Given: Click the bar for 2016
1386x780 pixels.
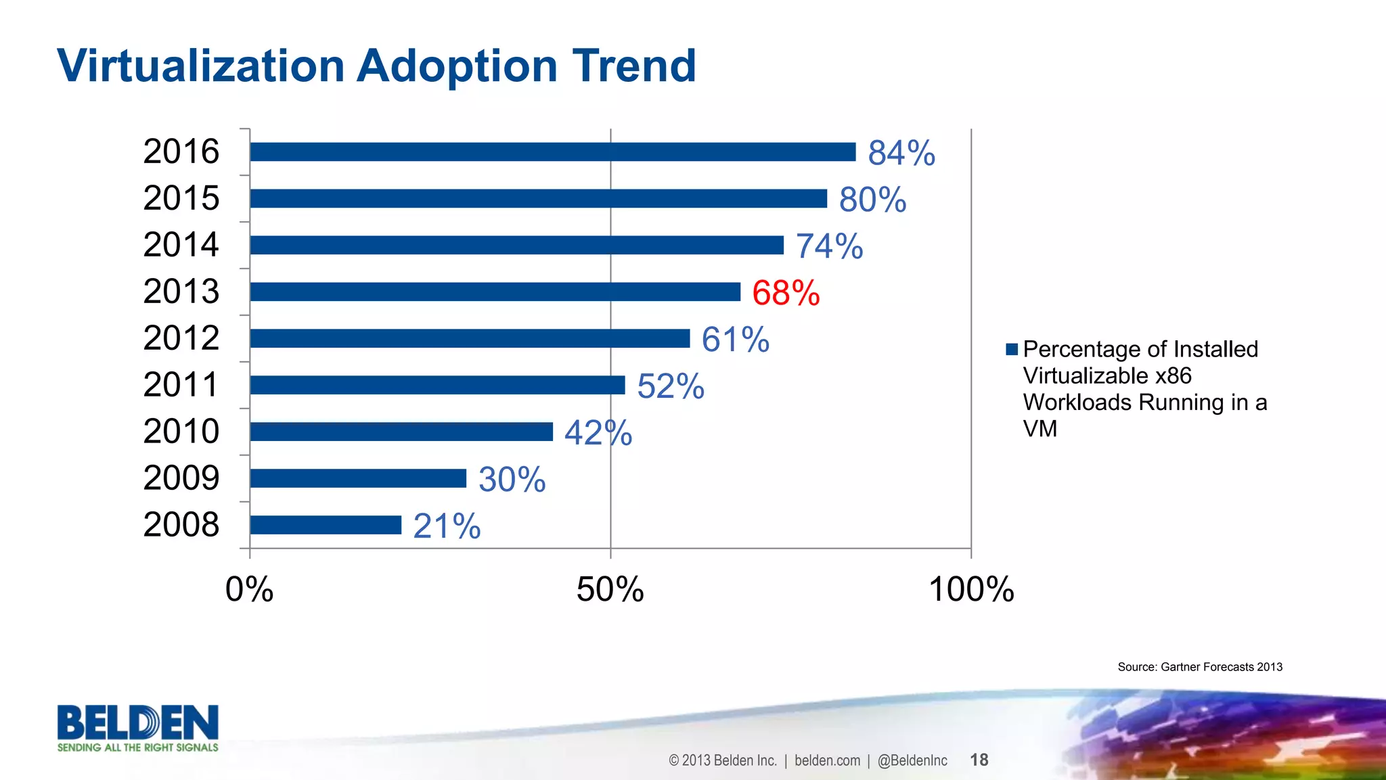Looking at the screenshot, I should pos(552,152).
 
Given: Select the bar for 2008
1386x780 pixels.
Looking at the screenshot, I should pos(326,525).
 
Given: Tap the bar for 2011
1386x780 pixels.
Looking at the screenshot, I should pos(437,385).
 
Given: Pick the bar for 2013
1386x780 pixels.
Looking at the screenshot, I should pos(495,292).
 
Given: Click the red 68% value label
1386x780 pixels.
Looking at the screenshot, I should pos(786,293).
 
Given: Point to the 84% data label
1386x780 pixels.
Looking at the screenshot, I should pos(901,153).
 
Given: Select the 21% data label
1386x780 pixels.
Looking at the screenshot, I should pos(447,526).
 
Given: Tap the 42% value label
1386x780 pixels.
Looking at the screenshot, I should pos(598,433).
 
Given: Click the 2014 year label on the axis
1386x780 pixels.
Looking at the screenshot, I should pos(181,245).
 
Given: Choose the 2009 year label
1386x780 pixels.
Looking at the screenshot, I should pos(181,478).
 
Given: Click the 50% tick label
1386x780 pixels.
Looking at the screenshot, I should pos(610,589).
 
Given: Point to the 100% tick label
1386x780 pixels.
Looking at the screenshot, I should pos(971,589).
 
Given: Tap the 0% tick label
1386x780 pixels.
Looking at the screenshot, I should pos(249,589).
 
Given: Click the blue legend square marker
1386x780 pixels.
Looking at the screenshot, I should pos(1012,350).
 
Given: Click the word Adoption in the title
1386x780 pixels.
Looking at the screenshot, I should pos(457,66).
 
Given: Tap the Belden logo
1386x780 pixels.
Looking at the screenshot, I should pos(137,728).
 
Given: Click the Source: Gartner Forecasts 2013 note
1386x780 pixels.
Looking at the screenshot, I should pos(1200,667).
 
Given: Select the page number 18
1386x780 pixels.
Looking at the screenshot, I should pos(979,760).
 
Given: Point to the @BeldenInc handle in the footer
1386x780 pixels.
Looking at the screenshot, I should pos(912,760).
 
